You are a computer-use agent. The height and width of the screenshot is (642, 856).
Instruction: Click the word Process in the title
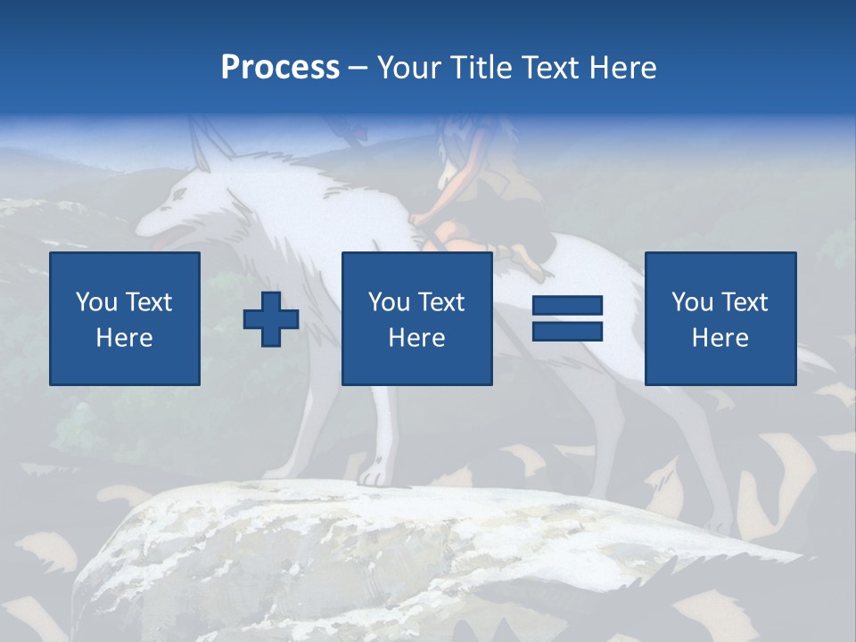click(x=280, y=68)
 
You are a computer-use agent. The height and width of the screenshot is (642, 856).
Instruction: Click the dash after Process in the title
click(x=358, y=69)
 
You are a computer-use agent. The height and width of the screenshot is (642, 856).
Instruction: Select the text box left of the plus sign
click(x=125, y=318)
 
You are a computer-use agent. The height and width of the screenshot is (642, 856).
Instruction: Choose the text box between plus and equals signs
click(x=416, y=318)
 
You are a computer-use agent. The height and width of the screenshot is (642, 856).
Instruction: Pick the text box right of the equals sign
click(x=720, y=318)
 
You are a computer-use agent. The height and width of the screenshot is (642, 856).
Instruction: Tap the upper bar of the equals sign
click(x=567, y=306)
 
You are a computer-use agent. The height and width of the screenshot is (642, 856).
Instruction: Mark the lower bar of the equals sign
click(x=567, y=332)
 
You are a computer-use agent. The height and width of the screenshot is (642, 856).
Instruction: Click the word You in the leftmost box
click(x=95, y=302)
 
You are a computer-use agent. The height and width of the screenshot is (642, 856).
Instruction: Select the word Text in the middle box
click(x=441, y=302)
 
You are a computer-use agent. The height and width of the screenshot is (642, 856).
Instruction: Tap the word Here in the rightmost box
click(x=720, y=338)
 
